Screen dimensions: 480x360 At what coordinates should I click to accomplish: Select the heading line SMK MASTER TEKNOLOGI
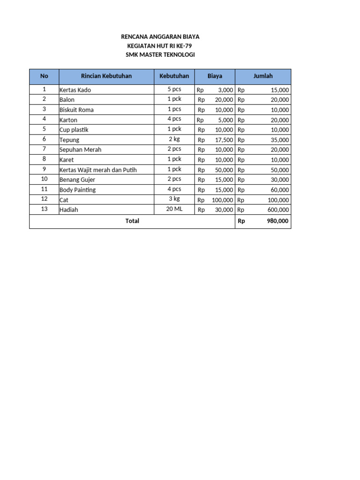coord(160,55)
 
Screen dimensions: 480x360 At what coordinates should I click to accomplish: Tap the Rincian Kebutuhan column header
coord(106,76)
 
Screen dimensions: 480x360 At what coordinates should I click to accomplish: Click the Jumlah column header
coord(263,76)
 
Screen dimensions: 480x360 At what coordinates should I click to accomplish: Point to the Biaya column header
coord(215,76)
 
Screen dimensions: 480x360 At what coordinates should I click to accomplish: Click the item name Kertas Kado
coord(75,90)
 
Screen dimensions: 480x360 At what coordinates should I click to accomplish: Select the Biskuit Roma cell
coord(76,110)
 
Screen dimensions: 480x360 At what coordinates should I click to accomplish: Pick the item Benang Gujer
coord(77,180)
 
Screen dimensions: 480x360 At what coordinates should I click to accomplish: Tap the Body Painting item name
coord(77,190)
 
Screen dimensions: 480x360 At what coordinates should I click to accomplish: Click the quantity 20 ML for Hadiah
coord(174,209)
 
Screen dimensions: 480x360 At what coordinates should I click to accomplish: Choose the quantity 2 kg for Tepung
coord(174,139)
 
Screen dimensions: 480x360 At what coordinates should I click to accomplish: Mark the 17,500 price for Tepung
coord(223,140)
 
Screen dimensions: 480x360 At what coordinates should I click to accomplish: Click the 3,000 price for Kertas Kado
coord(225,90)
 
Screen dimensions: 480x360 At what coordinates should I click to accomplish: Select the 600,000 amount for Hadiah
coord(278,210)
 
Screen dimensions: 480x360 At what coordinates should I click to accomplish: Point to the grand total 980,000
coord(278,221)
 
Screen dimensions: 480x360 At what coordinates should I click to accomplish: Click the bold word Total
coord(132,221)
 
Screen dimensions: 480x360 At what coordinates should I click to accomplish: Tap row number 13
coord(44,209)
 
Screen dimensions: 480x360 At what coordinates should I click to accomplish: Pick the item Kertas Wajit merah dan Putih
coord(98,170)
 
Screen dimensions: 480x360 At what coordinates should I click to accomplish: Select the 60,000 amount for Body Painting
coord(280,190)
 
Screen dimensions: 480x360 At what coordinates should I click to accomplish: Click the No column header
coord(44,76)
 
